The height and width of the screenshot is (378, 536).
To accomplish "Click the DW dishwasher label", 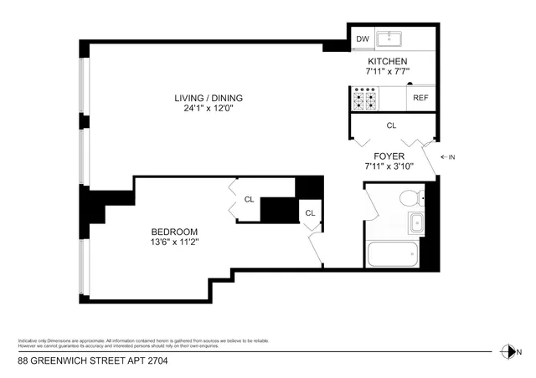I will pos(363,39).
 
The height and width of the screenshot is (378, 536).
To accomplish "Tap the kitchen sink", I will pos(389,39).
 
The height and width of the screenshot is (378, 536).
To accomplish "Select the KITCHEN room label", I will pos(388,62).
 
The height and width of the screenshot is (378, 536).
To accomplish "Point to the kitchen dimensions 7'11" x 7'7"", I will pos(388,73).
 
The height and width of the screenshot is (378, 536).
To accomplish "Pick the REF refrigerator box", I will pos(420,98).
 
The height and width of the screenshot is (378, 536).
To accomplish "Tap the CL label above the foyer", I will pos(391,125).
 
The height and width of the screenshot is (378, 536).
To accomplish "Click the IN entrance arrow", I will pos(448,157).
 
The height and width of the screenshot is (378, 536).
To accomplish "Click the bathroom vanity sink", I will pos(416,223).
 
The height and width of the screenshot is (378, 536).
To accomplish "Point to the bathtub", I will pos(392,254).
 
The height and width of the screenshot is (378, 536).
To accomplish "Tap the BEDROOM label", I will pos(173,232).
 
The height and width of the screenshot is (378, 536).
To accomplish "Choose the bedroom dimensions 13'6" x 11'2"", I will pos(173,243).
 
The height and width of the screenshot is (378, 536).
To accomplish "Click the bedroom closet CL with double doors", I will pos(249,199).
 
